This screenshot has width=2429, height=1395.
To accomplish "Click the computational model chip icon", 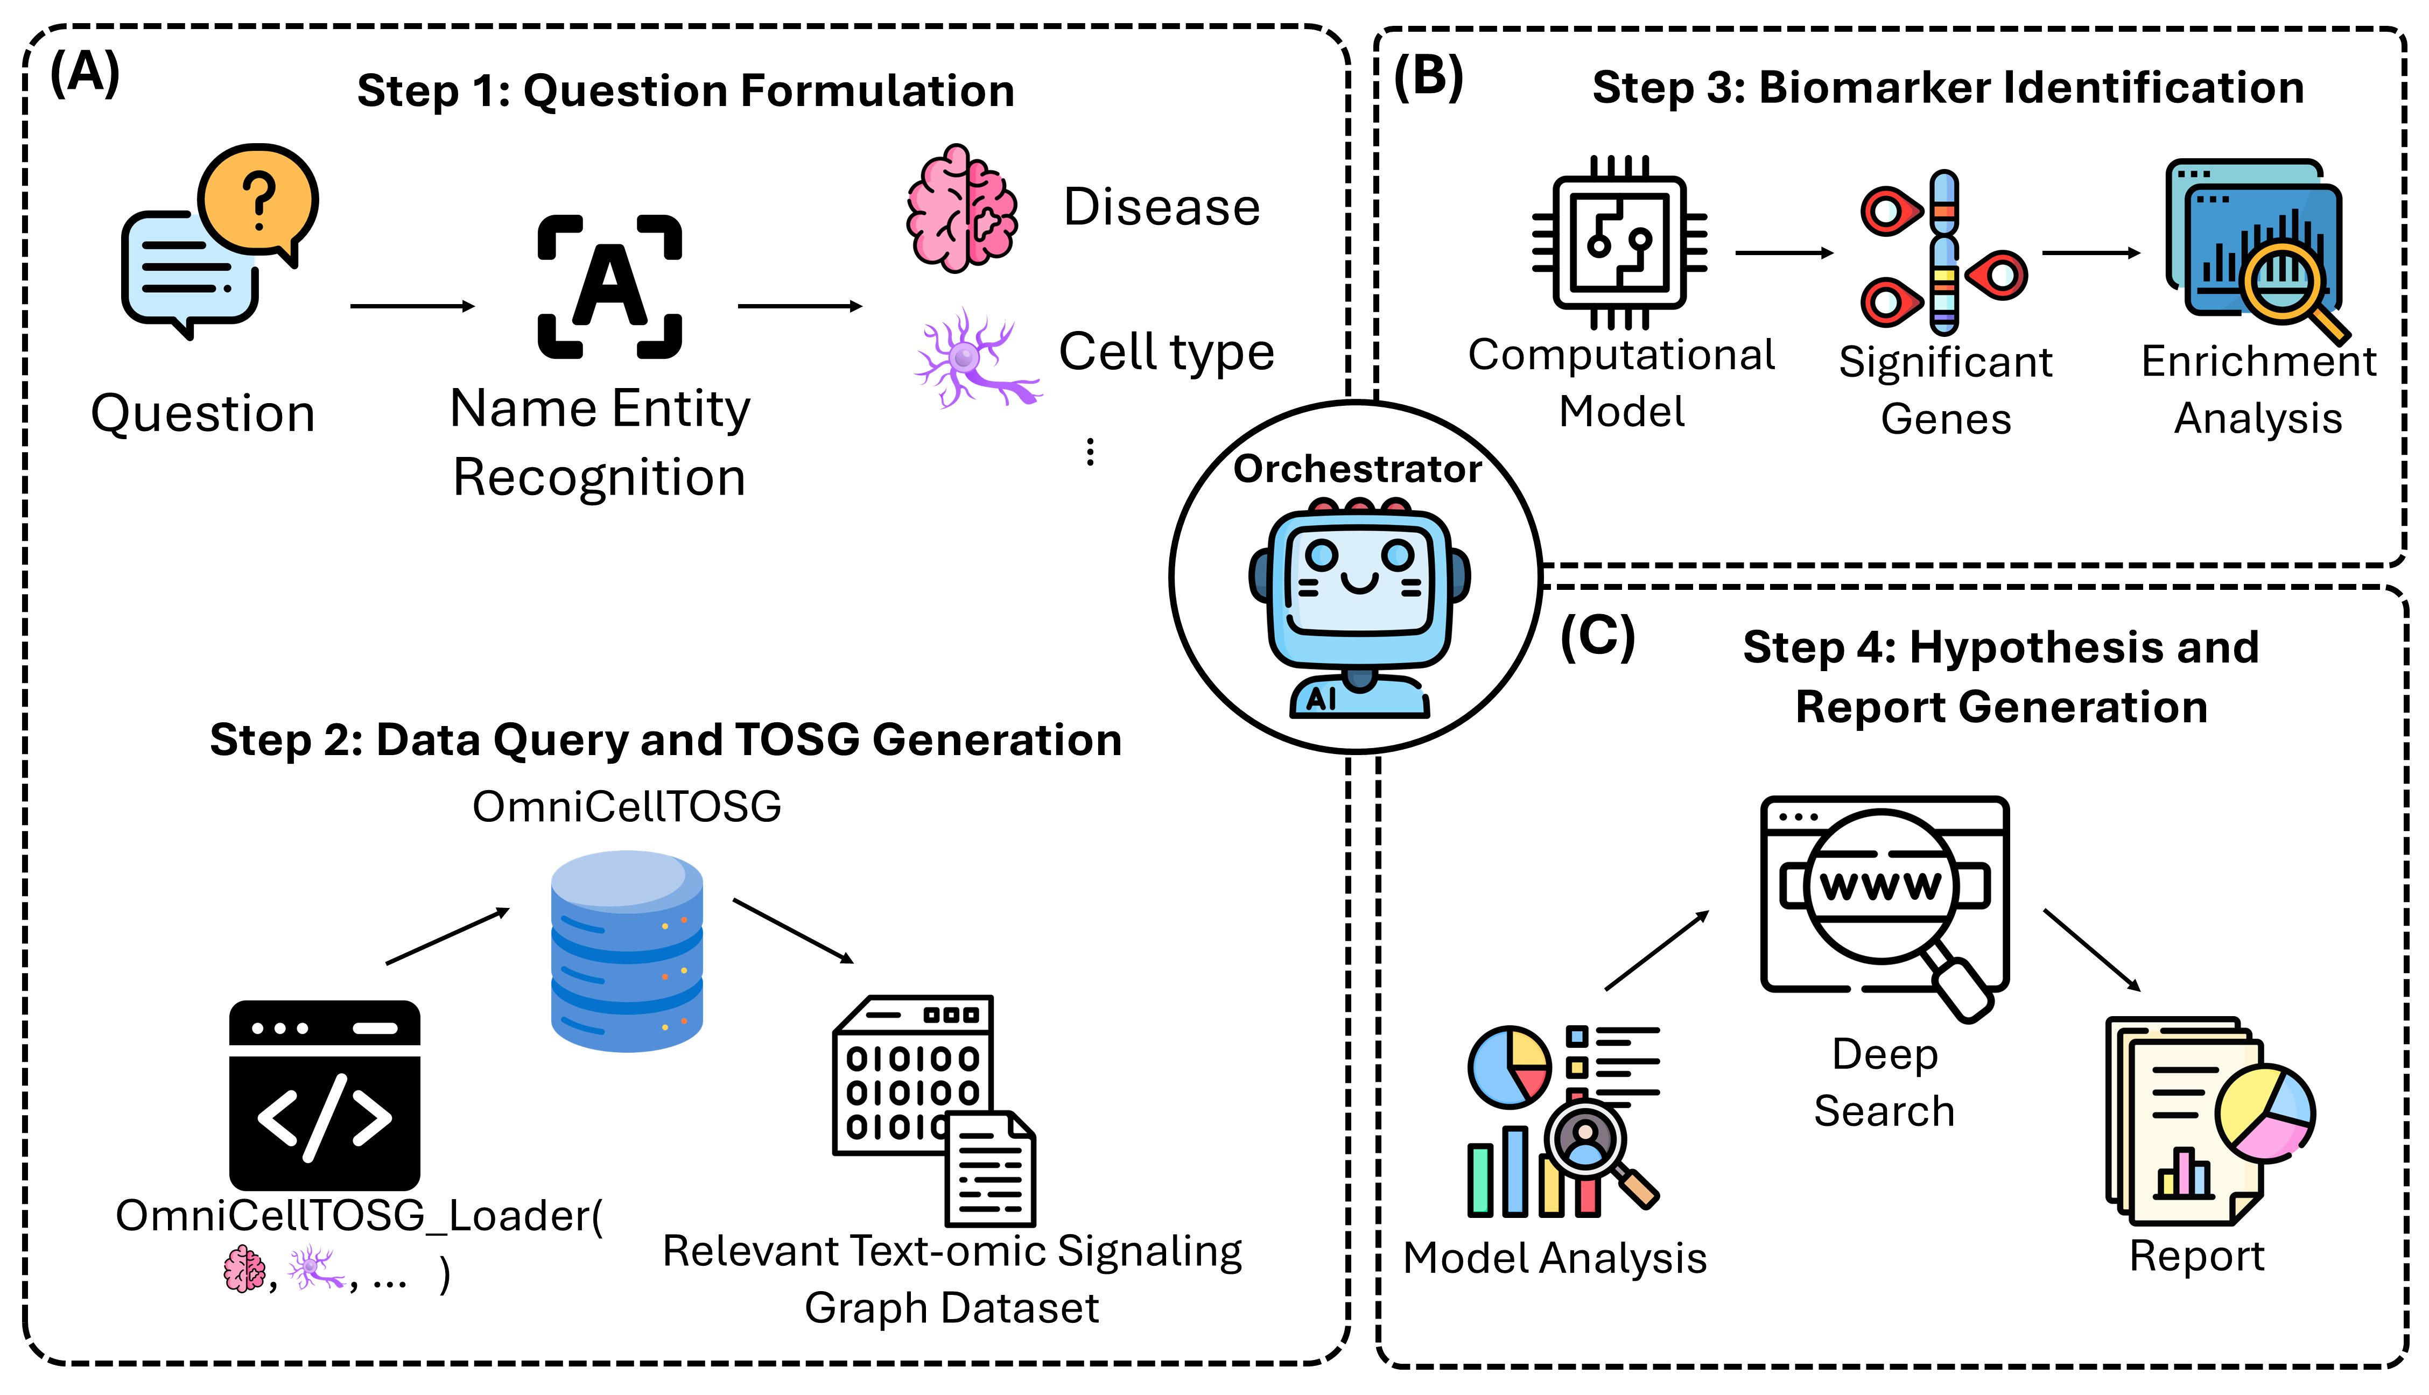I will click(x=1619, y=242).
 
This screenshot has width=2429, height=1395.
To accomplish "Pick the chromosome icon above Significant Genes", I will click(x=1943, y=252).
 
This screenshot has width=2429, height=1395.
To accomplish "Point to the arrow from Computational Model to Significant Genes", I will click(x=1783, y=253).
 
